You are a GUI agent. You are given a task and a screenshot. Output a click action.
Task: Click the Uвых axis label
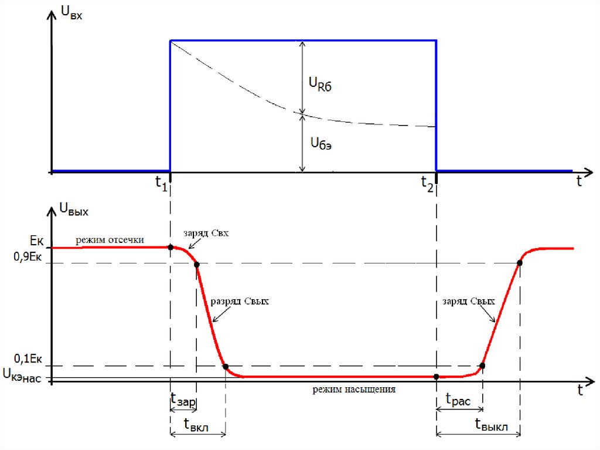[73, 209]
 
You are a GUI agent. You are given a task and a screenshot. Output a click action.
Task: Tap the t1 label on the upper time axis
[161, 183]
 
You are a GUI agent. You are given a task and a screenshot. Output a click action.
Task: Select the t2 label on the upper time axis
[427, 183]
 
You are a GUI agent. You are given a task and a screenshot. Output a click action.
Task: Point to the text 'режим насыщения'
[354, 388]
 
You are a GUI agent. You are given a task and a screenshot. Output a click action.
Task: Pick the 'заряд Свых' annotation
[469, 301]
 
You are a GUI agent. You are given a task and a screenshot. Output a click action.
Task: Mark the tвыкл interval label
[491, 425]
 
